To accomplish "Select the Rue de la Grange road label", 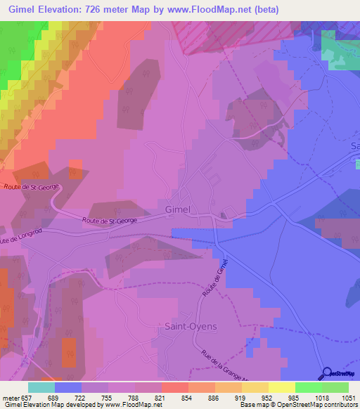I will click(x=220, y=365).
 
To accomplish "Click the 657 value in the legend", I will click(x=26, y=397).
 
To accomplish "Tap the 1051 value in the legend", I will click(x=349, y=397).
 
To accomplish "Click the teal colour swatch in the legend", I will click(x=41, y=387).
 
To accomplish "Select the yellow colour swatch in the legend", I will click(x=282, y=387).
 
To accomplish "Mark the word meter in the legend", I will click(x=11, y=397).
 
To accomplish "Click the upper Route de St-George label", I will click(x=32, y=187).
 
